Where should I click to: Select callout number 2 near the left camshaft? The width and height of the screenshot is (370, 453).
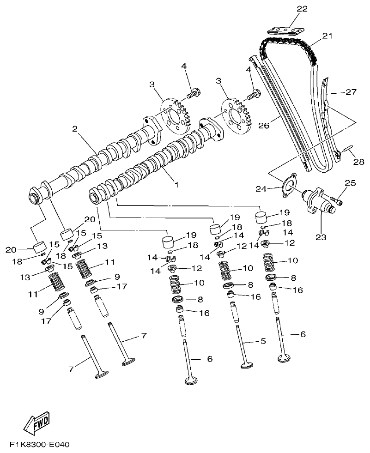pyautogui.click(x=74, y=129)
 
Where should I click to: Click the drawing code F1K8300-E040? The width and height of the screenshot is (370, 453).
pyautogui.click(x=39, y=446)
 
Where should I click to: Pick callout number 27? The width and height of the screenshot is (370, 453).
pyautogui.click(x=352, y=92)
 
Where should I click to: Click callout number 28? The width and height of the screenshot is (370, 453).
pyautogui.click(x=358, y=162)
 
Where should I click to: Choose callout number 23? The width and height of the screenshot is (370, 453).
pyautogui.click(x=321, y=237)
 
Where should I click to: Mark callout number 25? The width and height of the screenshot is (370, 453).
pyautogui.click(x=350, y=183)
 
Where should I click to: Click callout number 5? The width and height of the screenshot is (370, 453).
pyautogui.click(x=263, y=341)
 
